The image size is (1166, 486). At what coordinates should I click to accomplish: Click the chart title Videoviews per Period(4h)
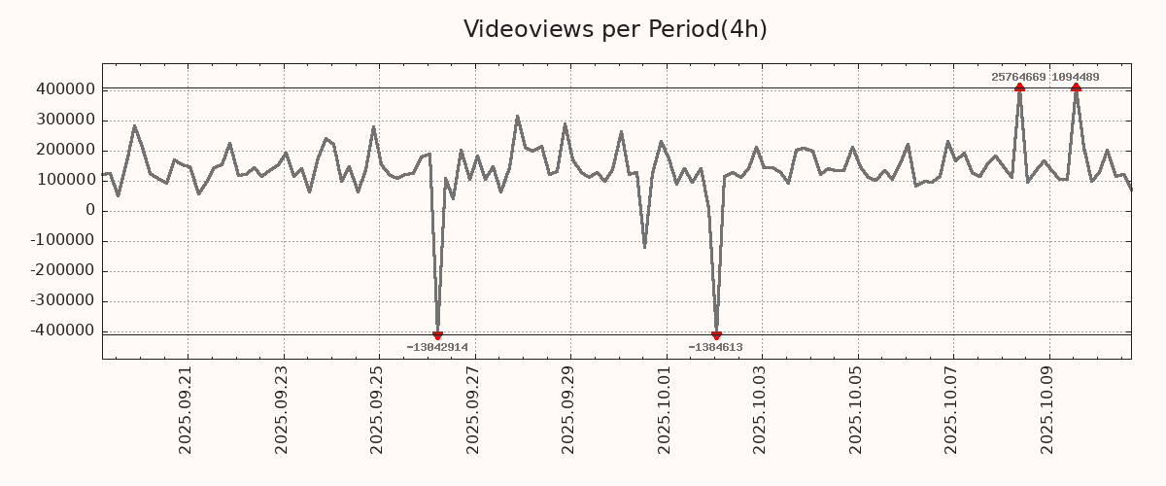(x=615, y=29)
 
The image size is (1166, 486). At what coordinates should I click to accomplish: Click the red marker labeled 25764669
(x=1019, y=87)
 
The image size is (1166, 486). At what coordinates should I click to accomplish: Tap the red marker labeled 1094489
(x=1076, y=87)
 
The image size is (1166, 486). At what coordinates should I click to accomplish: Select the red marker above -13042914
(x=437, y=335)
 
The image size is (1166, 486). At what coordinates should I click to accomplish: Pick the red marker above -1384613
(x=716, y=335)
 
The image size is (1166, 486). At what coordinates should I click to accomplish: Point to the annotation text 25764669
(x=1018, y=77)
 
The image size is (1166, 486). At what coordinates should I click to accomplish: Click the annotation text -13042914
(x=437, y=347)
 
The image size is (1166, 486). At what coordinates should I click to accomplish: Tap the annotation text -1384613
(x=715, y=347)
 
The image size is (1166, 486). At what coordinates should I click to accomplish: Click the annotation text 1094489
(x=1076, y=77)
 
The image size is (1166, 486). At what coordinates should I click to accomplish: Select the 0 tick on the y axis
(x=90, y=210)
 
